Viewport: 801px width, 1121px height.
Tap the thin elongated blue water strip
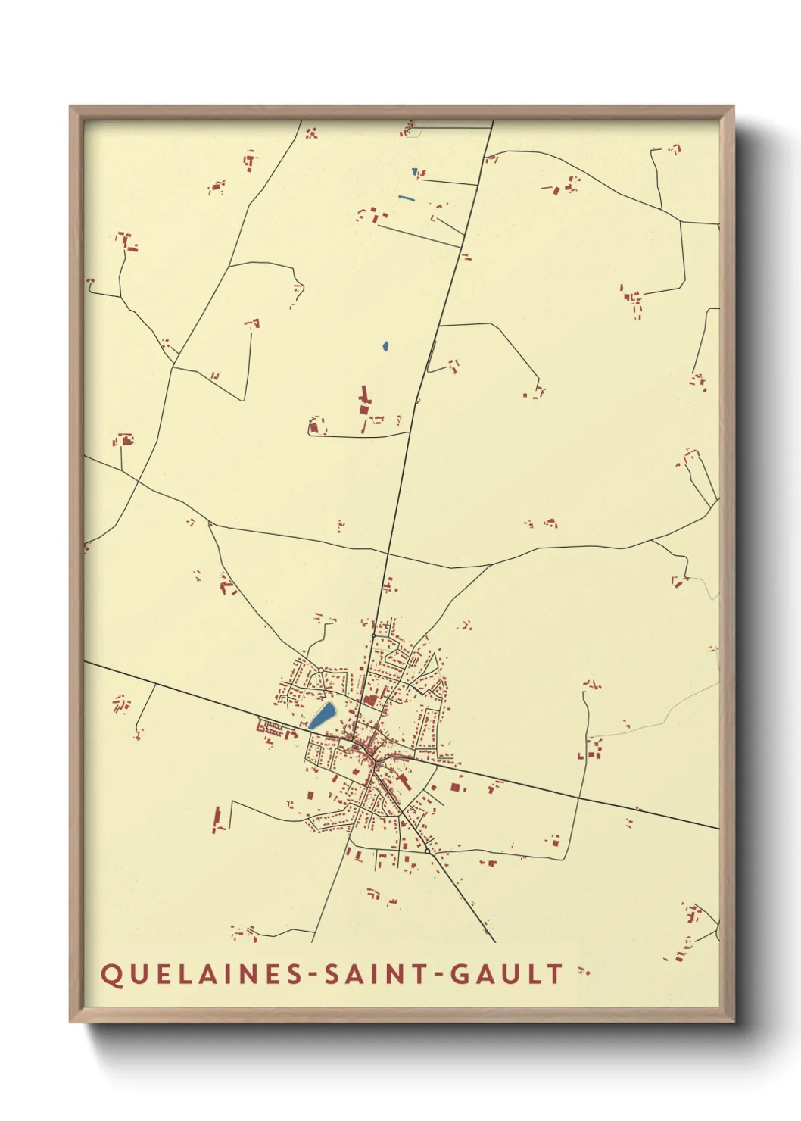point(407,198)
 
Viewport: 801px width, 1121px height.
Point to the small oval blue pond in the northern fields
point(385,347)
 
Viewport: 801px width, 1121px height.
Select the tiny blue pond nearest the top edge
point(414,172)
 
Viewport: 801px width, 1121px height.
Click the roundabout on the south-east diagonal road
point(427,851)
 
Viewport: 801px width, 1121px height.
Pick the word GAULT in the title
point(507,974)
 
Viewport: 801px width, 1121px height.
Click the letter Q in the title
point(111,975)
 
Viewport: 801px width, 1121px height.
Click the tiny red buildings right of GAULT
point(583,971)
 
